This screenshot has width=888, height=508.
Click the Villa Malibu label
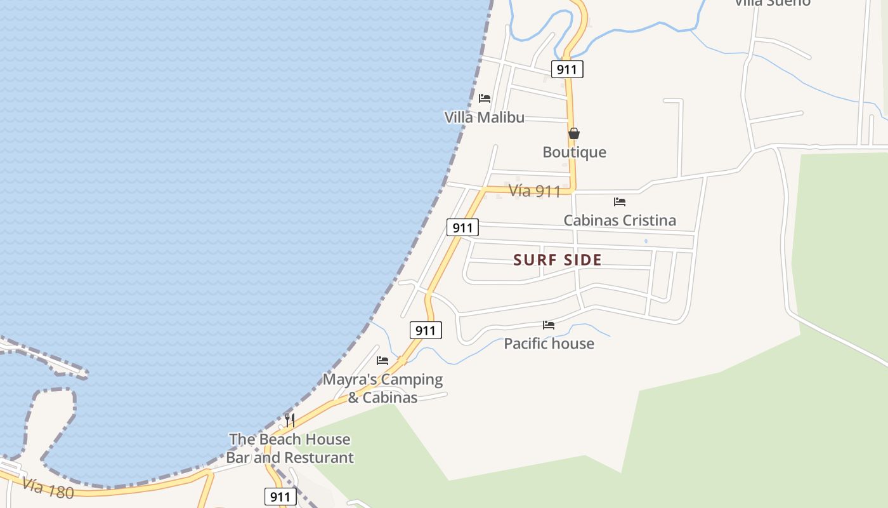pos(484,117)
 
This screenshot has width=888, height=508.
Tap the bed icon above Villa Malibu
pos(485,98)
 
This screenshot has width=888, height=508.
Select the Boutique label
pos(574,152)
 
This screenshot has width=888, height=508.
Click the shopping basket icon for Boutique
pos(574,133)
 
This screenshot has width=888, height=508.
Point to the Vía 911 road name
pos(535,191)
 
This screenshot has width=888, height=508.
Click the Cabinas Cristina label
pos(620,220)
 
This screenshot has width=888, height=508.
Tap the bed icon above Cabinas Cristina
pos(620,202)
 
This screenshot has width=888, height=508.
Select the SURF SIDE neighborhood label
pos(558,260)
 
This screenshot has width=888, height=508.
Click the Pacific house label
pos(549,344)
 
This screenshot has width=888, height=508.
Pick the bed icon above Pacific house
pos(549,325)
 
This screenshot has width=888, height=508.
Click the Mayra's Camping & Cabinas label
pos(382,388)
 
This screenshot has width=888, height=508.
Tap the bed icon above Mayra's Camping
pos(382,361)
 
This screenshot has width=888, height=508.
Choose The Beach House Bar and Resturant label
pos(290,448)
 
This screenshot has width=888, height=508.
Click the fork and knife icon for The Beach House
pos(290,420)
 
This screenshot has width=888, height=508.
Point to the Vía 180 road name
pos(48,488)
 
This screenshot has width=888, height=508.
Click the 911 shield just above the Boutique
pos(566,69)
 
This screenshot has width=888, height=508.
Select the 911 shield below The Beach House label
pos(280,497)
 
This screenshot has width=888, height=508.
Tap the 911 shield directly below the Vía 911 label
pos(462,227)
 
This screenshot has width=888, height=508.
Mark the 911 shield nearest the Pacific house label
pos(425,330)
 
